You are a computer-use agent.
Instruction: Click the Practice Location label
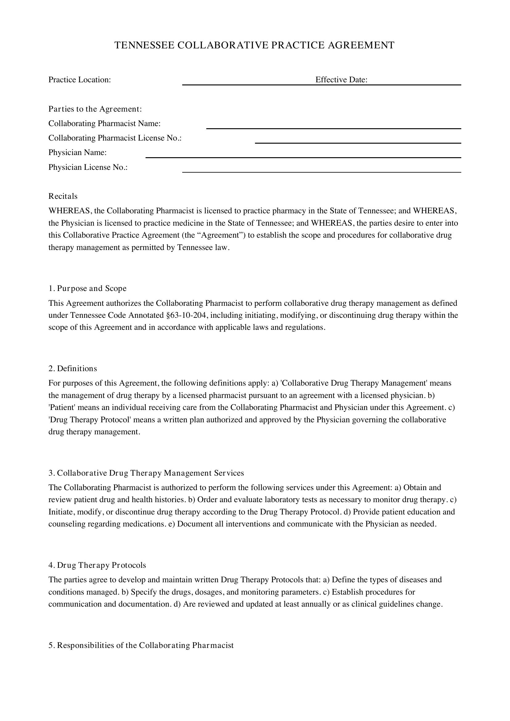coord(80,80)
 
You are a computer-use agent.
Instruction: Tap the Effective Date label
coord(341,80)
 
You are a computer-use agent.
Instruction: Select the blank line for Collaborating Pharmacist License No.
coord(358,141)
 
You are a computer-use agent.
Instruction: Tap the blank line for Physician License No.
coord(322,170)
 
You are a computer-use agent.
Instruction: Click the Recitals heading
coord(63,196)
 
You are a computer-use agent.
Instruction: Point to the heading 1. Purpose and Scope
coord(87,288)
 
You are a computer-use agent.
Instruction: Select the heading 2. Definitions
coord(72,368)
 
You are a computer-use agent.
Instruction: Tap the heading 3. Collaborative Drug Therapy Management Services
coord(146,473)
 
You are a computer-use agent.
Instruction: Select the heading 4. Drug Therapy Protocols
coord(97,565)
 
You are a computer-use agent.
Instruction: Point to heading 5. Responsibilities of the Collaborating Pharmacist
coord(141,645)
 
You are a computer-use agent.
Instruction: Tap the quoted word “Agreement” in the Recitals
coord(219,235)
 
